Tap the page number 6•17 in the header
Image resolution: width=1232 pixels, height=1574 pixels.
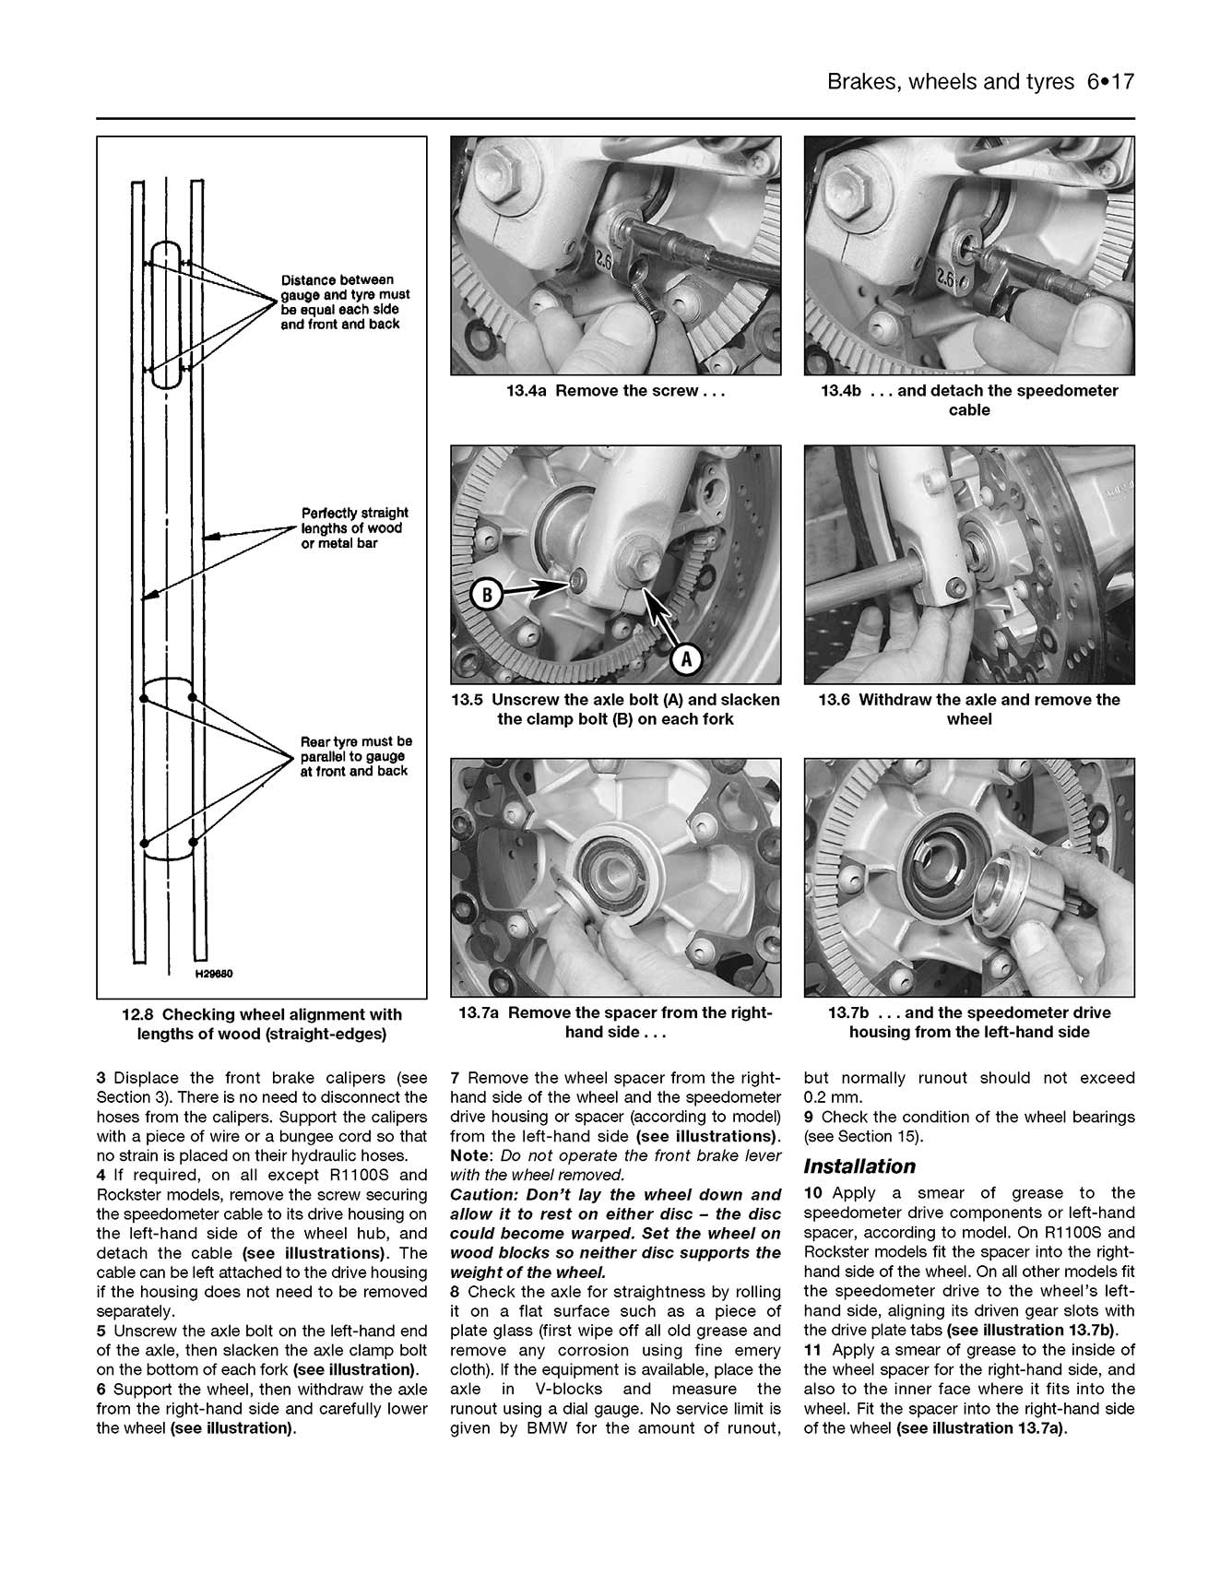(1109, 82)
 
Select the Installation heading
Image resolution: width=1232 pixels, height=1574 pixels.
(859, 1166)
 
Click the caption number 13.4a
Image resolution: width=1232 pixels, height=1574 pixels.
(527, 391)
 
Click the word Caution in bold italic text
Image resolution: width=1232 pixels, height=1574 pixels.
(480, 1195)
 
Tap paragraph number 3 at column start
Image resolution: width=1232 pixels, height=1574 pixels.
(101, 1078)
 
